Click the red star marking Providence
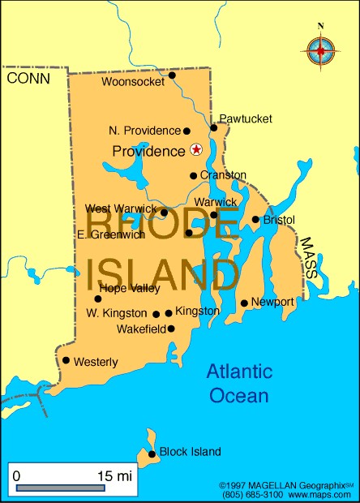coord(195,149)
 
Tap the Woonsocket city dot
coord(172,75)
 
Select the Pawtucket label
coord(246,118)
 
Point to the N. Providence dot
coord(186,131)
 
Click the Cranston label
coord(223,174)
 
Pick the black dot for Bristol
coord(255,219)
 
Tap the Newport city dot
coord(244,303)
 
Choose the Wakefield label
coord(138,329)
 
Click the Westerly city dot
coord(66,360)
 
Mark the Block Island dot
coord(152,454)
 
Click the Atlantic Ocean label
coord(237,383)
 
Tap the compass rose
coord(321,50)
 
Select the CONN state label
coord(28,78)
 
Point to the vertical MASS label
coord(308,257)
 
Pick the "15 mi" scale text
coord(113,475)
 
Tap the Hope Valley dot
coord(98,299)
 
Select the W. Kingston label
coord(117,312)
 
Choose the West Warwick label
coord(121,209)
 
